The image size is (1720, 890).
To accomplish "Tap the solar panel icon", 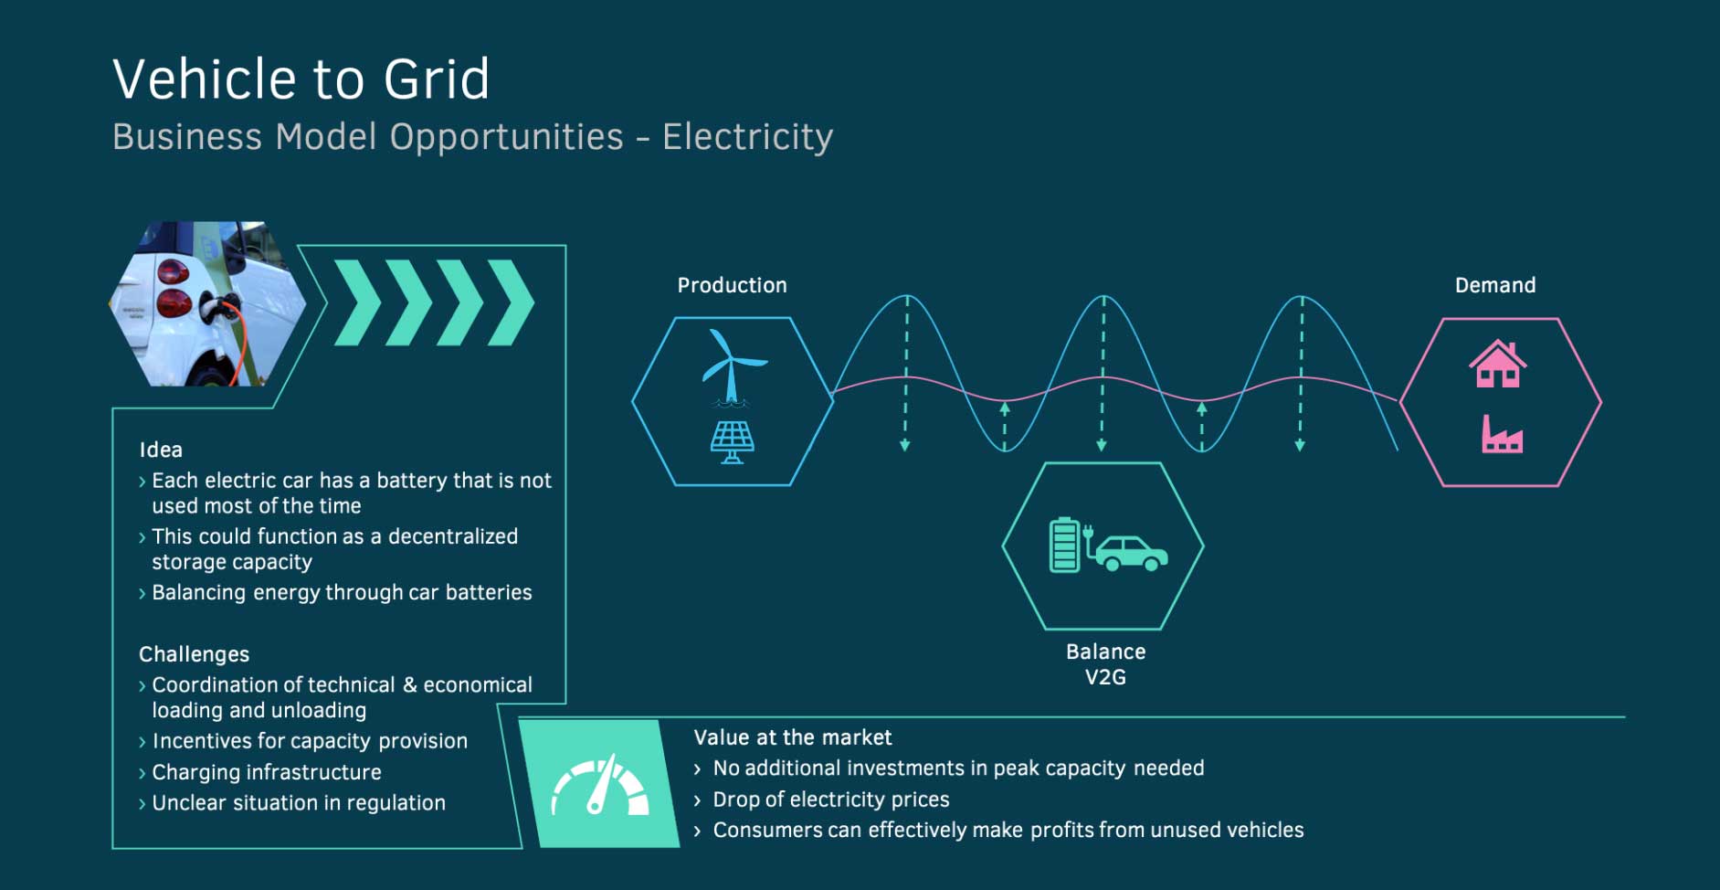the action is point(733,442).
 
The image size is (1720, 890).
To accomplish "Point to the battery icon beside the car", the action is point(1064,546).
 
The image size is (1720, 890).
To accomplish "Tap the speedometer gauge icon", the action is point(600,785).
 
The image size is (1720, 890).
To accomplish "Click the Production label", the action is point(732,285).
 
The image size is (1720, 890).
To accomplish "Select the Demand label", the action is point(1495,285).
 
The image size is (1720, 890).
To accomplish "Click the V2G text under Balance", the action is point(1105,677).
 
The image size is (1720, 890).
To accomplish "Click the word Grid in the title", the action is point(437,79).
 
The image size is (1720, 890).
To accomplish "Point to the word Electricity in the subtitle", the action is point(747,137).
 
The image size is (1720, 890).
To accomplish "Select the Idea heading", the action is point(161,450).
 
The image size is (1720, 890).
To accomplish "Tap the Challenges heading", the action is point(194,654).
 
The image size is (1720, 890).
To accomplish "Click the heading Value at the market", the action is point(792,737).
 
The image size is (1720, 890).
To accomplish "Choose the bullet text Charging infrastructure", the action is point(267,772).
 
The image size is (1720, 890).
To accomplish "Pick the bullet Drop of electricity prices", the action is point(831,800).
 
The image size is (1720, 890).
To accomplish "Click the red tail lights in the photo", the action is point(172,287).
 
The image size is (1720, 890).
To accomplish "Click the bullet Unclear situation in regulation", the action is point(299,803).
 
